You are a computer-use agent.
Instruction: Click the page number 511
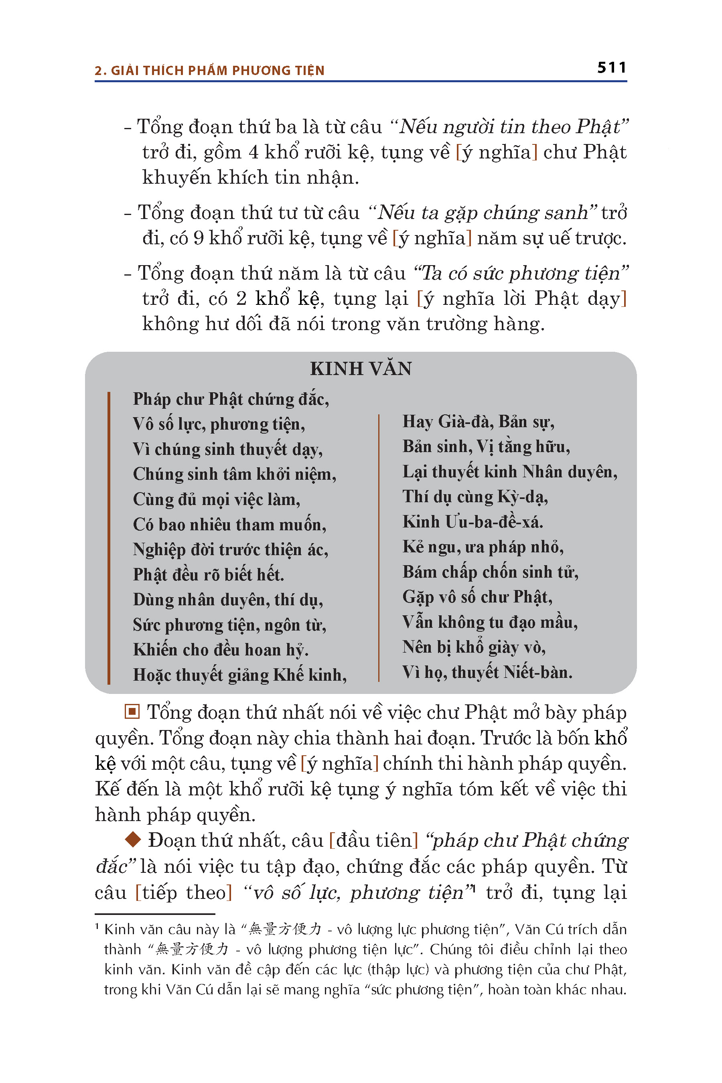pos(611,68)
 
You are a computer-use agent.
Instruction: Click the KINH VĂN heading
pos(361,369)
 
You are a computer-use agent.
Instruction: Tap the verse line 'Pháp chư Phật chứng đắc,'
pos(231,399)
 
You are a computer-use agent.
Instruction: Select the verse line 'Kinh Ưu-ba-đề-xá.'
pos(473,522)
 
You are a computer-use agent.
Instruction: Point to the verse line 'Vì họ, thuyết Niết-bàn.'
pos(487,672)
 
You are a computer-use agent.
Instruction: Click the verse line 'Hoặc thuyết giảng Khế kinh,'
pos(239,675)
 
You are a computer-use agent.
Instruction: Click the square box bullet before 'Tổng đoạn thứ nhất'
pos(132,712)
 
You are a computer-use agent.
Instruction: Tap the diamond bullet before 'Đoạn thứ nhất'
pos(133,840)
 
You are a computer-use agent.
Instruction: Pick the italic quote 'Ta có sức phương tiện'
pos(521,273)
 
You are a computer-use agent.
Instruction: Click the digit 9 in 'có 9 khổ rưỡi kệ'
pos(199,238)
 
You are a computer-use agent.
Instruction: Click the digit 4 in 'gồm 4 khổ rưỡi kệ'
pos(253,152)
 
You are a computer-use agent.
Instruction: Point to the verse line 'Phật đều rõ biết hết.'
pos(208,575)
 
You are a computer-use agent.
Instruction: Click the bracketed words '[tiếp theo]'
pos(184,892)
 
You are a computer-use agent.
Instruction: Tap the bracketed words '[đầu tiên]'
pos(373,840)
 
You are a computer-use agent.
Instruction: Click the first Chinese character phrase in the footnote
pos(284,929)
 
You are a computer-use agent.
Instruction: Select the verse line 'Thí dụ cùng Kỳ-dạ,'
pos(475,497)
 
